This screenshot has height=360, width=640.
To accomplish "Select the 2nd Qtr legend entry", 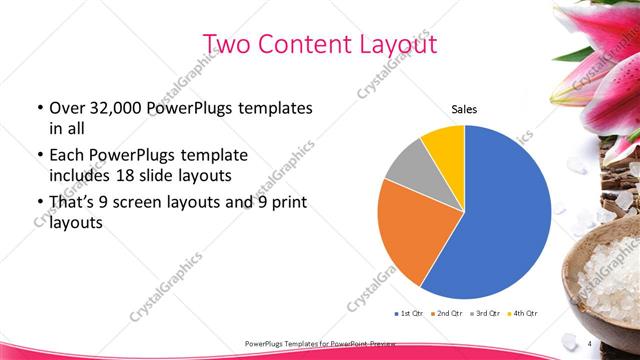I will coord(447,314).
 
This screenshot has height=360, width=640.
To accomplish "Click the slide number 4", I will coord(589,342).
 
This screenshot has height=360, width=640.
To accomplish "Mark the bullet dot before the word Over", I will coord(39,108).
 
